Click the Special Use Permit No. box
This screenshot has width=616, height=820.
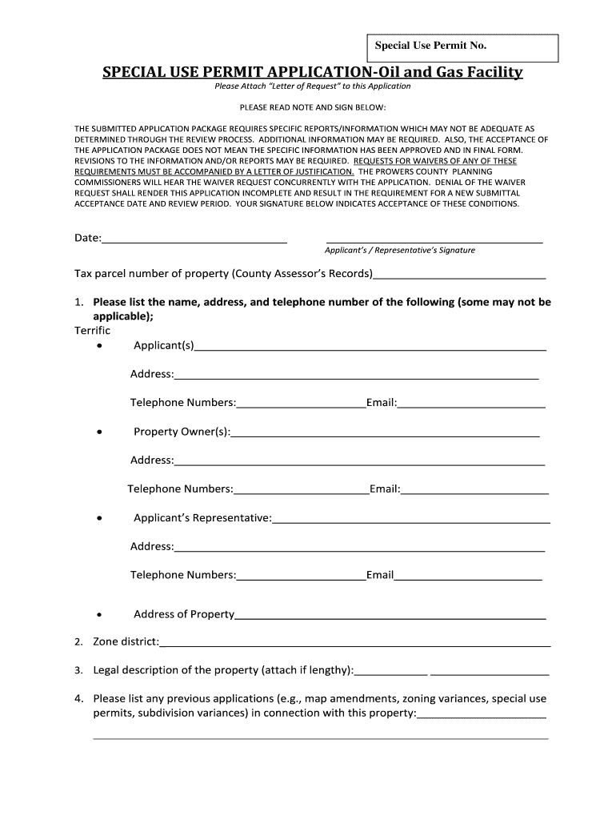(x=462, y=48)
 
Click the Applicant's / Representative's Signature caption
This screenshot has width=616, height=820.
(x=399, y=251)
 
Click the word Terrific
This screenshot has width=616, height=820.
(x=93, y=331)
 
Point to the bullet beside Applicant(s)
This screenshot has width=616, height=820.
(x=98, y=346)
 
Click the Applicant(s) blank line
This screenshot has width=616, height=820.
(x=370, y=348)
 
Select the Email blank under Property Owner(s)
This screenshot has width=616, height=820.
(x=474, y=490)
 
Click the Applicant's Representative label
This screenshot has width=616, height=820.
(x=202, y=518)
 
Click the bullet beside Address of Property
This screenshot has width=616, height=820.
(x=98, y=615)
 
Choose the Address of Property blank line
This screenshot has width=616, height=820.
(x=390, y=617)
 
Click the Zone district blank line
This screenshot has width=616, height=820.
(x=355, y=644)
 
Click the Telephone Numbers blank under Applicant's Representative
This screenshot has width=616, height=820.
(x=301, y=577)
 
